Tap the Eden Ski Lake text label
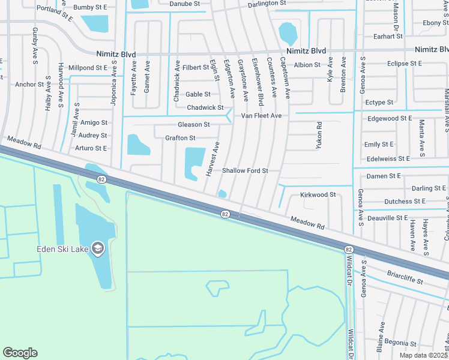click(x=62, y=249)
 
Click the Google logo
click(x=20, y=353)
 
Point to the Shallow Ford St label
click(x=245, y=171)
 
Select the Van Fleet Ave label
click(x=261, y=115)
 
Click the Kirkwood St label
click(x=318, y=195)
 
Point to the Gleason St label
click(x=193, y=125)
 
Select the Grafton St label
click(x=180, y=138)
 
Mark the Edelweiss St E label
click(x=387, y=158)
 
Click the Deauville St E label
click(x=387, y=218)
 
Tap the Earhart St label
click(x=388, y=37)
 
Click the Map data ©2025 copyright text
click(x=423, y=355)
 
